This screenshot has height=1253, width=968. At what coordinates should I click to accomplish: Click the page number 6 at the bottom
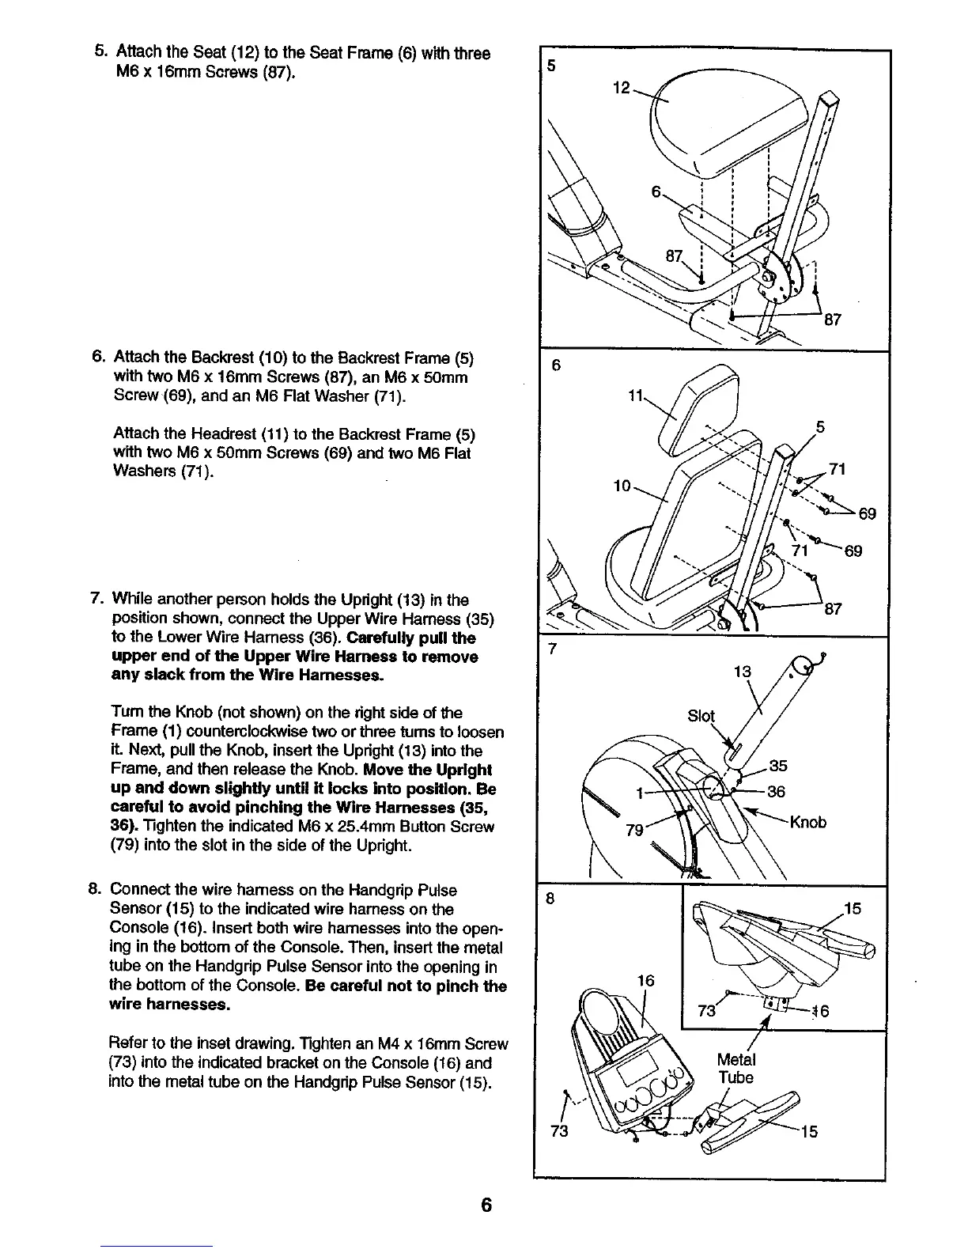click(486, 1205)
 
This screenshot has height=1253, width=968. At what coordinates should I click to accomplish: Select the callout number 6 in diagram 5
click(656, 192)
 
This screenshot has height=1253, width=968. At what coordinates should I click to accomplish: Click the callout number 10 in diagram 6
click(622, 485)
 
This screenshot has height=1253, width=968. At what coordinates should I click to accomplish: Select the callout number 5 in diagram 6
click(820, 427)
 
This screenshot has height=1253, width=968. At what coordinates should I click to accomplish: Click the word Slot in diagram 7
click(701, 716)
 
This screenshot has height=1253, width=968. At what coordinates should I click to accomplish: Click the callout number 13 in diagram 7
click(743, 673)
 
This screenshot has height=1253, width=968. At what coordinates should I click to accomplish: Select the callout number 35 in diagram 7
click(778, 766)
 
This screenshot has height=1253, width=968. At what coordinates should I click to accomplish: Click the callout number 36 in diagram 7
click(777, 792)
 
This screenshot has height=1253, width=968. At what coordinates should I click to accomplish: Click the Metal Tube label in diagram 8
click(735, 1069)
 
